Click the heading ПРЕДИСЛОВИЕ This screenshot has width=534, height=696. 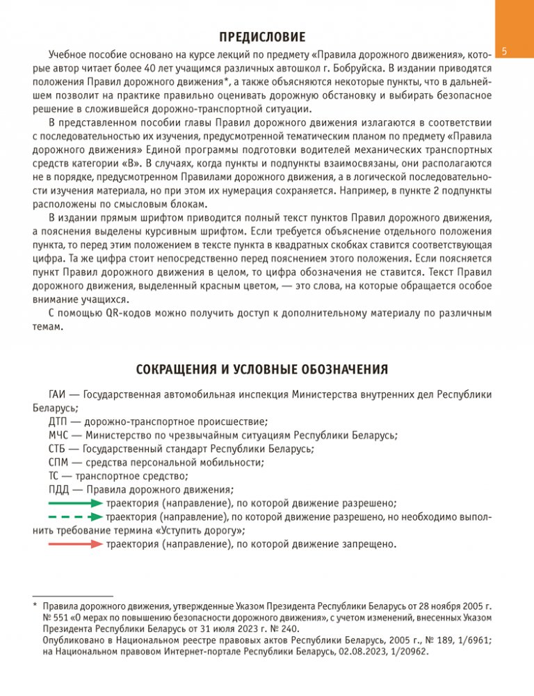tap(266, 36)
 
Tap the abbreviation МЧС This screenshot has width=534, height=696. tap(60, 435)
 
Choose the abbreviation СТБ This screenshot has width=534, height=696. tap(58, 448)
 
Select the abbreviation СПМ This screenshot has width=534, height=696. tap(60, 462)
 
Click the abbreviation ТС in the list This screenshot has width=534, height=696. tap(54, 476)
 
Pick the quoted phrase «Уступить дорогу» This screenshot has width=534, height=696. tap(201, 531)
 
